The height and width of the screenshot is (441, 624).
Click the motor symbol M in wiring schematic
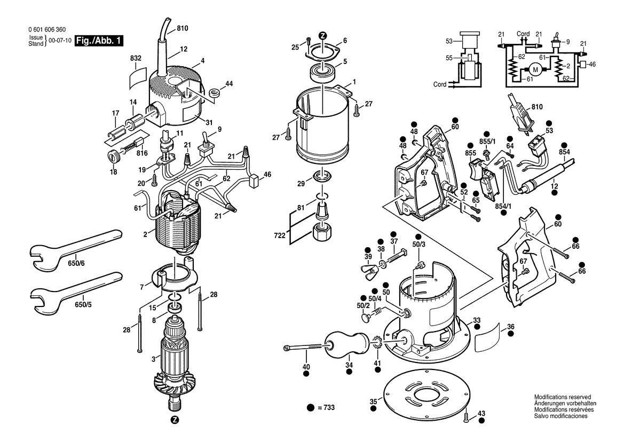click(x=534, y=69)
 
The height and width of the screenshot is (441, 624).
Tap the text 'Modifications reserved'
click(x=562, y=397)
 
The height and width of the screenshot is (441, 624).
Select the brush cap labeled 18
click(x=113, y=156)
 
